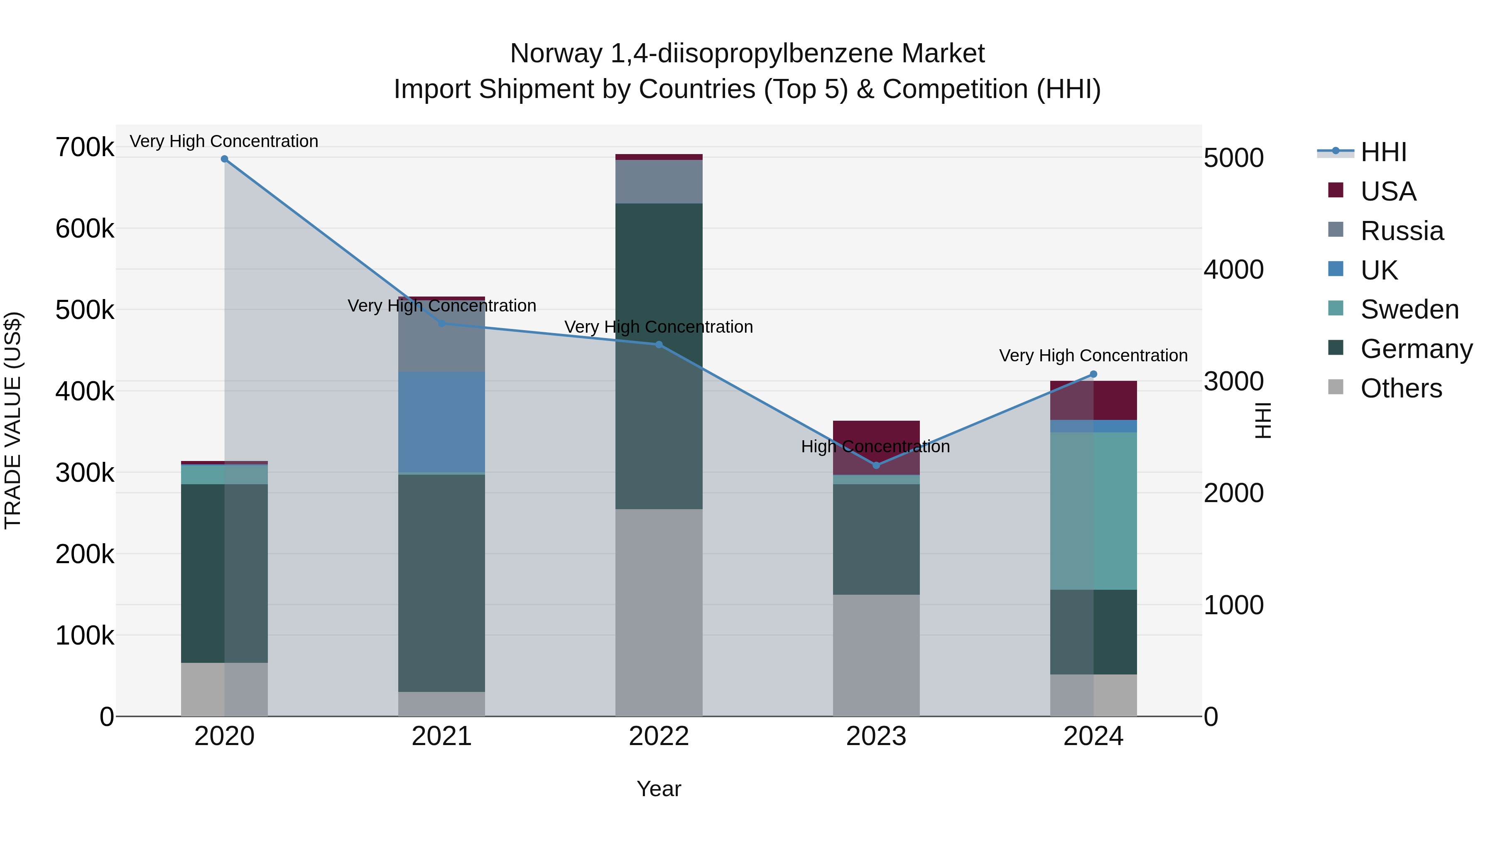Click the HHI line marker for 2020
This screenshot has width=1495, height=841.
coord(225,159)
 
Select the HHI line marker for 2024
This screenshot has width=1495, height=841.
coord(1093,374)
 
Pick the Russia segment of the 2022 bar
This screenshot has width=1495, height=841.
coord(659,181)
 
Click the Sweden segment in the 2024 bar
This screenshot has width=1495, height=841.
coord(1093,511)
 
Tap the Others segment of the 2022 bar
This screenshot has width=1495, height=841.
coord(659,612)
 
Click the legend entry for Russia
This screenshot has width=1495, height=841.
coord(1402,231)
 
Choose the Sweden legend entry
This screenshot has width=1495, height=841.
coord(1409,309)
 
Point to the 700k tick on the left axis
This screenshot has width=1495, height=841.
coord(85,147)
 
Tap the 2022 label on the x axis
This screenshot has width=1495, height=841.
coord(659,736)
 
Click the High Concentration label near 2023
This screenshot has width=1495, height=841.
coord(875,446)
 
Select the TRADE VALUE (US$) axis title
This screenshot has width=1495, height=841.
coord(13,420)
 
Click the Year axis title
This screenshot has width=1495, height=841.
coord(659,789)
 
